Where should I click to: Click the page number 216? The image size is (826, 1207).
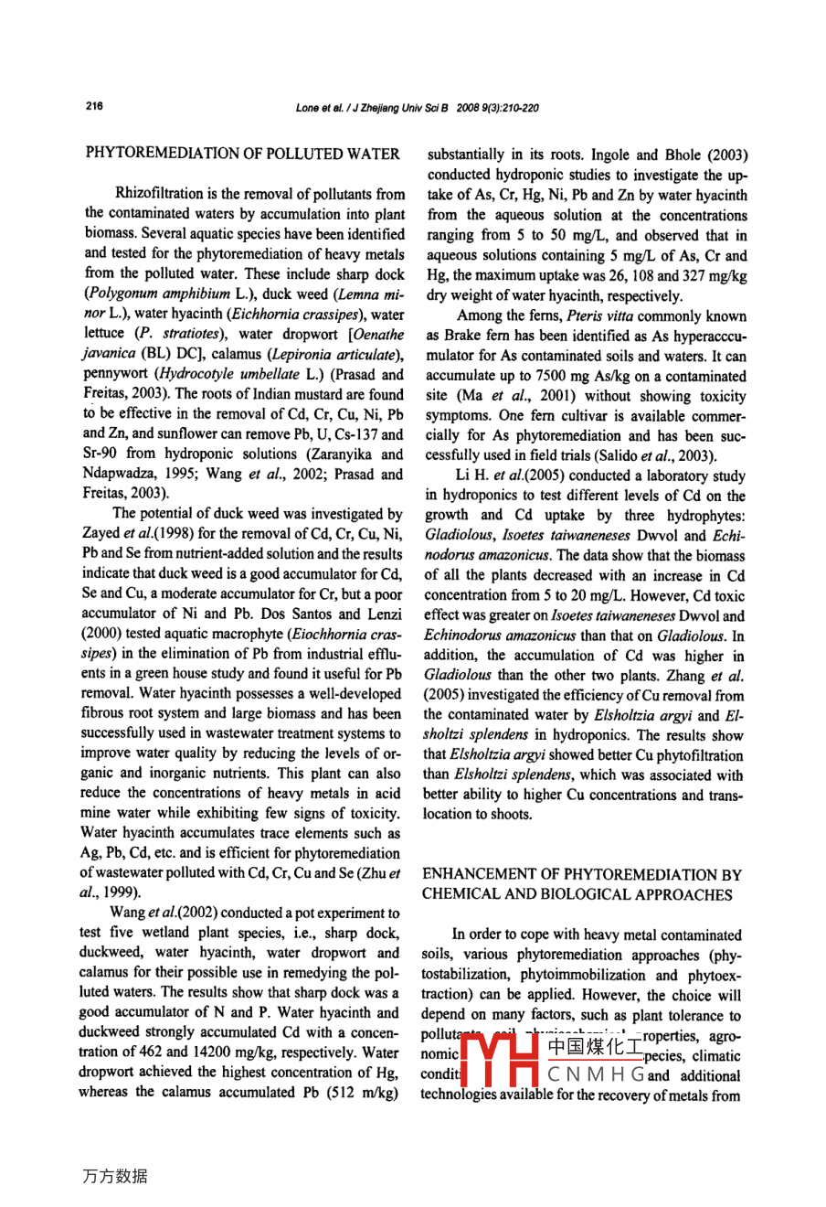click(x=94, y=106)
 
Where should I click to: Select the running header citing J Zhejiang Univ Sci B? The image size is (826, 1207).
click(x=417, y=108)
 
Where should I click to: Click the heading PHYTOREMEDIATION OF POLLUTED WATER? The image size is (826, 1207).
click(x=242, y=154)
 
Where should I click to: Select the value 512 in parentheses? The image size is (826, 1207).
click(x=347, y=1092)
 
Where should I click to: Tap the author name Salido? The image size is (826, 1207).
click(x=624, y=455)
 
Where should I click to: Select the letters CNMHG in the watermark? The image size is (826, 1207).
click(x=596, y=1075)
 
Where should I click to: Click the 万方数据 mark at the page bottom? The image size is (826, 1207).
click(x=114, y=1176)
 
